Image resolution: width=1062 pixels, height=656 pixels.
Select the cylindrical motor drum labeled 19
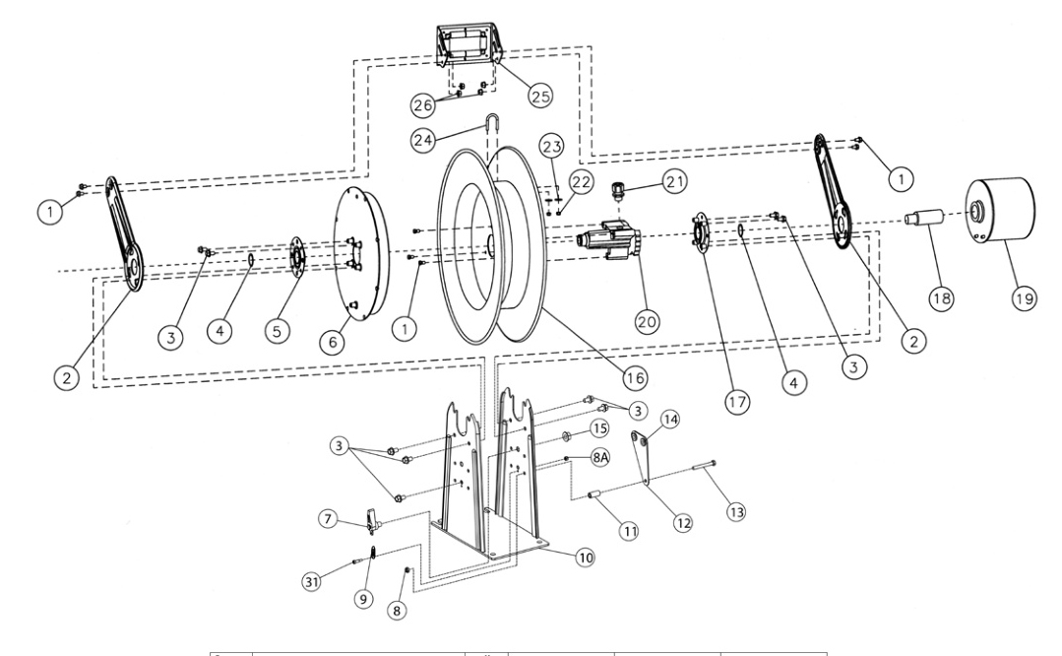click(1003, 211)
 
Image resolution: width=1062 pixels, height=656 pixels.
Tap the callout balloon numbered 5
click(281, 332)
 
